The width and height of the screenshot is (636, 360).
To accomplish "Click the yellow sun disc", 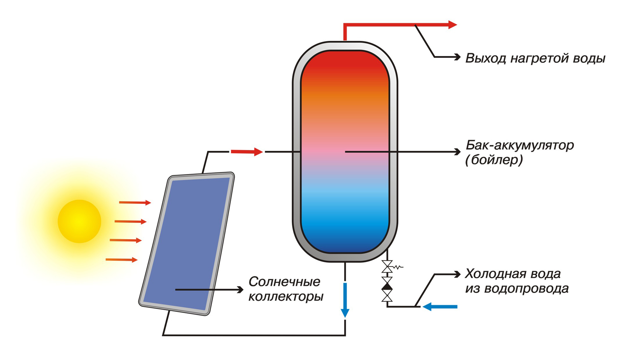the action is (79, 221).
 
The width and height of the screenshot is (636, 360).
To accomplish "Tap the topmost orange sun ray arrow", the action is (135, 203).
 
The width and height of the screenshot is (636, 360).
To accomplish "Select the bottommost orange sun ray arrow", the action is (122, 260).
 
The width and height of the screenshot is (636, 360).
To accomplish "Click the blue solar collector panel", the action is (187, 244).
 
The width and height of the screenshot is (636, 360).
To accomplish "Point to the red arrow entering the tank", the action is (247, 152).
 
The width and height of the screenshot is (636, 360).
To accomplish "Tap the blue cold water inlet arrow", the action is (440, 307).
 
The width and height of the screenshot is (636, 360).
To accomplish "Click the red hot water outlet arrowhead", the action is (453, 25).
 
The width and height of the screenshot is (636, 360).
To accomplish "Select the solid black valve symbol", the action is (387, 286).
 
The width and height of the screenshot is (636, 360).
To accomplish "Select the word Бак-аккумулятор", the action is (519, 145).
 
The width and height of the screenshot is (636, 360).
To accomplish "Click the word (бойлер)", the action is (494, 160).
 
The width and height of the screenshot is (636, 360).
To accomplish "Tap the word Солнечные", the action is (284, 282).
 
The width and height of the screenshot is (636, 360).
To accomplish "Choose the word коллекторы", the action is (286, 297).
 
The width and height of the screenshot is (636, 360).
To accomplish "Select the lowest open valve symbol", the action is (387, 296).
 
